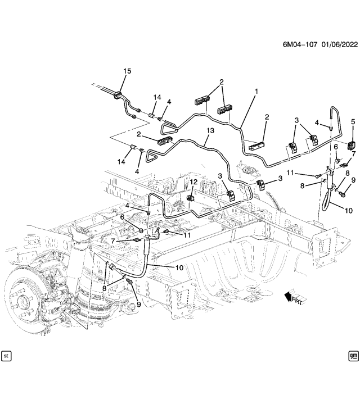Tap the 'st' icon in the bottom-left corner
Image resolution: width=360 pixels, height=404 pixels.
tap(7, 356)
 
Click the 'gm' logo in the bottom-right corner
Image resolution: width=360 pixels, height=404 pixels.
tap(353, 356)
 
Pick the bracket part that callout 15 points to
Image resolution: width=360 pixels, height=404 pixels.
tap(118, 96)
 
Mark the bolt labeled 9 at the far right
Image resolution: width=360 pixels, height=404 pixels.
tap(341, 193)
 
